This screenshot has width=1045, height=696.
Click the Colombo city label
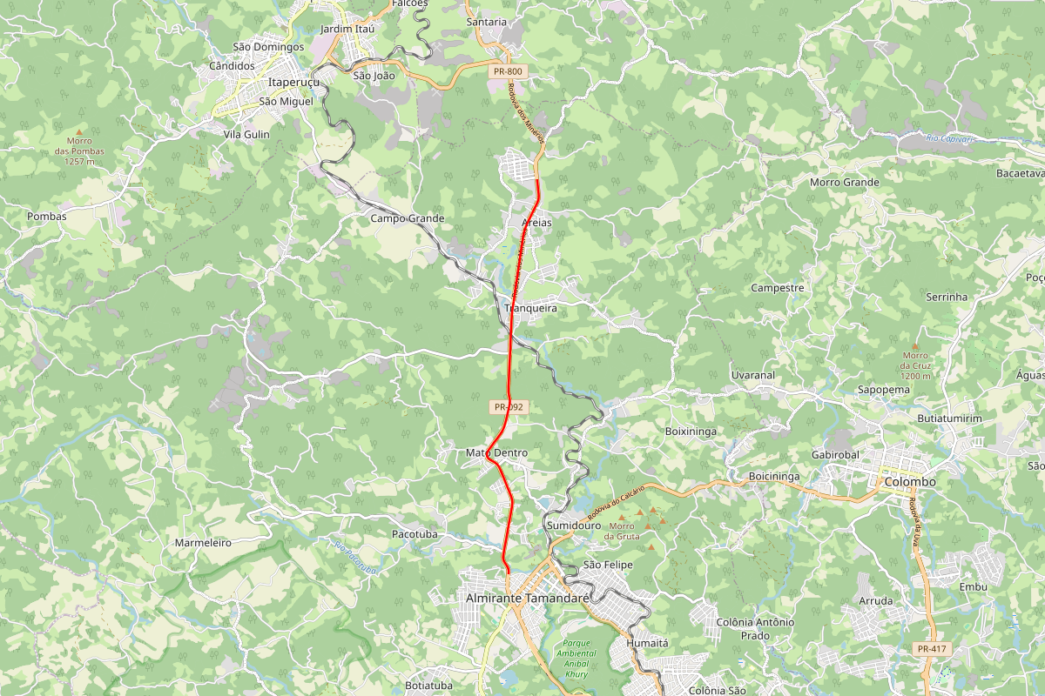tap(909, 481)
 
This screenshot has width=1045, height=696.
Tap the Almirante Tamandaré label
tap(528, 599)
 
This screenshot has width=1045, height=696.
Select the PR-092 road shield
tap(509, 406)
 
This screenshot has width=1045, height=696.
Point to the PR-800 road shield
tap(506, 72)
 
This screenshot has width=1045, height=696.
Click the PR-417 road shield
tap(931, 649)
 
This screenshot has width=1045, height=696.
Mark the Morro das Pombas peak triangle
tap(78, 131)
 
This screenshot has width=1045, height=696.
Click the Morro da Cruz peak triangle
tap(915, 345)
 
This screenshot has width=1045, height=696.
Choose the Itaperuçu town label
tap(294, 82)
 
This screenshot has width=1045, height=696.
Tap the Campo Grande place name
tap(408, 218)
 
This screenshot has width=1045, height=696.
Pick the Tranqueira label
tap(530, 308)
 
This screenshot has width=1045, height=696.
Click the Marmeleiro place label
tap(203, 542)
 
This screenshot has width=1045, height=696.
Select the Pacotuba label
tap(415, 533)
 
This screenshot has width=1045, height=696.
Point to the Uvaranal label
tap(752, 375)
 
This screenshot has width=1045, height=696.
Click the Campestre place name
tap(777, 287)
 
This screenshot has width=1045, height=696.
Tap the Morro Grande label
tap(845, 183)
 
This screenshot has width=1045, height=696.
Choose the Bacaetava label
tap(1021, 174)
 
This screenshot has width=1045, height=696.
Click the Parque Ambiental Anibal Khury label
tap(576, 659)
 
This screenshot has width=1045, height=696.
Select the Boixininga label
tap(690, 431)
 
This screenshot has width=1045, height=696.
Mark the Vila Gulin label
tap(246, 134)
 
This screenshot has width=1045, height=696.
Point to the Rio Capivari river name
tap(947, 138)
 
